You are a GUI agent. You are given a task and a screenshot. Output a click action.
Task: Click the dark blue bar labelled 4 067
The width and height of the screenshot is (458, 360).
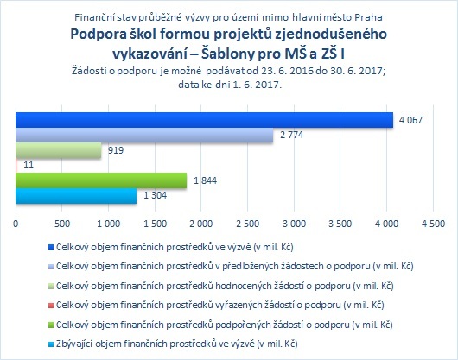point(204,120)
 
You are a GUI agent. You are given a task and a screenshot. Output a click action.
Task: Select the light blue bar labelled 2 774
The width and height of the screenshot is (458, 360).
point(144,135)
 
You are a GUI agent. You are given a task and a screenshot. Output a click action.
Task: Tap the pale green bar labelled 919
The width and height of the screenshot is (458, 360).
point(59,150)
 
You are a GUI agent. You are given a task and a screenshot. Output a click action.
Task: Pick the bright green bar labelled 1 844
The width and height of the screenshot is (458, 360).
point(101,180)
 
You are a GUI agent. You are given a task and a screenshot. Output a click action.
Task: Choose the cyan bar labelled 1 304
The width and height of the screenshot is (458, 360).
point(76,196)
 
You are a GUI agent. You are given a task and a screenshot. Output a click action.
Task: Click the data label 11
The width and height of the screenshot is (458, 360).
point(29,166)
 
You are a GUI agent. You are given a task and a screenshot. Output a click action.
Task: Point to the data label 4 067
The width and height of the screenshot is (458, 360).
point(410,120)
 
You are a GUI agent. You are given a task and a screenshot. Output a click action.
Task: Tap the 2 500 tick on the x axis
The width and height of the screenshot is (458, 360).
point(247,224)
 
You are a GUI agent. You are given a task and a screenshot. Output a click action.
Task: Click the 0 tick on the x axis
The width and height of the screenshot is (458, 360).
point(16,224)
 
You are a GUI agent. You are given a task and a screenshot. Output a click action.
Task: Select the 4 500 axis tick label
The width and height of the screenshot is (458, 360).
point(433,224)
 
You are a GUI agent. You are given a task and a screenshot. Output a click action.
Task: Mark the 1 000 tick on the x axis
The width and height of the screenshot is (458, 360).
point(108,224)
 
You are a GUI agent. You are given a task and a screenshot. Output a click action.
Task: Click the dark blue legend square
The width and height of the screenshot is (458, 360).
point(51,248)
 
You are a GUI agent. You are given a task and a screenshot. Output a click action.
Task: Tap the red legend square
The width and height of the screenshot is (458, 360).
point(51,306)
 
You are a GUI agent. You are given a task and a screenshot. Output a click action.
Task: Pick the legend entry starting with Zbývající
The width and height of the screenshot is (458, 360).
point(176,344)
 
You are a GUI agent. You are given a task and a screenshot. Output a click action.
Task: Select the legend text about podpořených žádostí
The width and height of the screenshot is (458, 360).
point(225,325)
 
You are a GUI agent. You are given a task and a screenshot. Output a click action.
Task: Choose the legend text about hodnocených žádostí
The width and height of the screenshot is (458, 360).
point(225,286)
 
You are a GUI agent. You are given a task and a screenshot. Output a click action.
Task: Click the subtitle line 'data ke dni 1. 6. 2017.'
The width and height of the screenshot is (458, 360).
point(230,85)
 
